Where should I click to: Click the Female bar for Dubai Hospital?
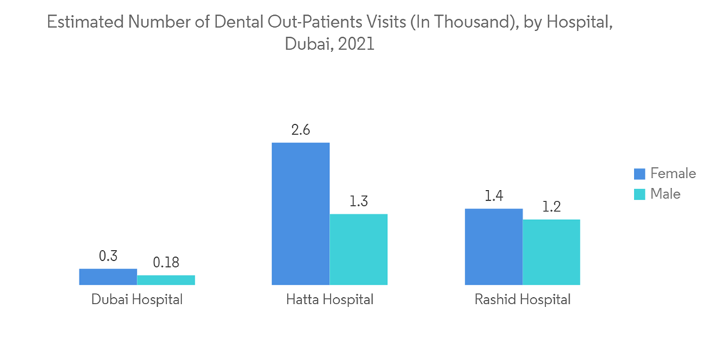(108, 277)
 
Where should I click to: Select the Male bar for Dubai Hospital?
(166, 280)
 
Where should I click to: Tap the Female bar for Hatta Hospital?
(301, 214)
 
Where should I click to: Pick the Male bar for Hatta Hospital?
(358, 249)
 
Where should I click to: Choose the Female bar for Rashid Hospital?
(493, 246)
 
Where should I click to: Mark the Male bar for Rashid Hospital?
(551, 252)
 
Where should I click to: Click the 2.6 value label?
(301, 130)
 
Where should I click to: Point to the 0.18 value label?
(166, 262)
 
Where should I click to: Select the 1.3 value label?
(358, 201)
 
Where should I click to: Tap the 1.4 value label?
(493, 196)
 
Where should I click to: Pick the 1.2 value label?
(551, 207)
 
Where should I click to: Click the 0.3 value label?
(108, 256)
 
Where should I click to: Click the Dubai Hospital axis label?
(137, 299)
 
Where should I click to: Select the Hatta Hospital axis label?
(329, 299)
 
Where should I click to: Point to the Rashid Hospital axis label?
(523, 299)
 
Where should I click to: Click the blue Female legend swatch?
(639, 174)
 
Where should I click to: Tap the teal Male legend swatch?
(639, 194)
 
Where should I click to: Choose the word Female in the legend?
(673, 174)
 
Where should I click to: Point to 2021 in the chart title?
(356, 44)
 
